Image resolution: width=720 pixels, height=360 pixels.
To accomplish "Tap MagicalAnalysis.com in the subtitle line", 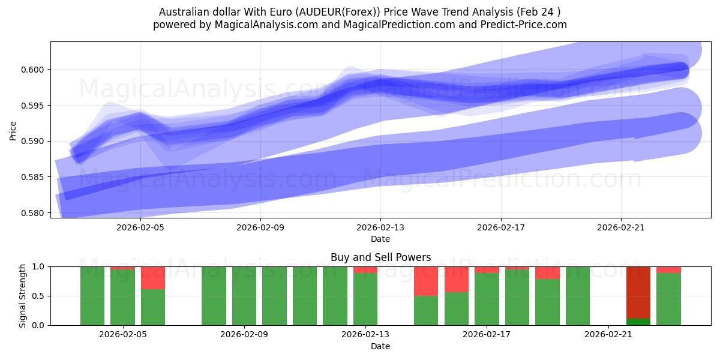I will (x=262, y=25).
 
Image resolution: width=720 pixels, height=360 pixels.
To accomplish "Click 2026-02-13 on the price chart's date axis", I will (x=380, y=227).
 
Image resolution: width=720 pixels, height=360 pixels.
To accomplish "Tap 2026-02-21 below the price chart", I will (x=620, y=227).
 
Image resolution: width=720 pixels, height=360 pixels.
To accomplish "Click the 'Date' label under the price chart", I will (x=380, y=239).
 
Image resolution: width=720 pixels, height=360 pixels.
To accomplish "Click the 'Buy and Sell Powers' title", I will (x=380, y=257).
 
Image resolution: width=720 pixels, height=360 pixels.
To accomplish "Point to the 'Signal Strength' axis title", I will (x=22, y=296).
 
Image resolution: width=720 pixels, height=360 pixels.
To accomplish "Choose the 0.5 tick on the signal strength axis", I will (x=38, y=296).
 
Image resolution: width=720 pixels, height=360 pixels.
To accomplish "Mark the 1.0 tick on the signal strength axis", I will (x=38, y=266).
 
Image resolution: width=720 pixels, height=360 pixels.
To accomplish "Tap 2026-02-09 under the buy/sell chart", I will (x=245, y=335).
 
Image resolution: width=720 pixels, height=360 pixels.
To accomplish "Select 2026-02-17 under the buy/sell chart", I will (x=487, y=335).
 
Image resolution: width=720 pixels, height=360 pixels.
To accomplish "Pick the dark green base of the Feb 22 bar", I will (x=638, y=322).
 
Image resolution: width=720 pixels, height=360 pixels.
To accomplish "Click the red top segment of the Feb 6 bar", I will (x=153, y=278).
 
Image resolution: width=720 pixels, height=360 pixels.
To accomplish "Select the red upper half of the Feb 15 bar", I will (x=426, y=281).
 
